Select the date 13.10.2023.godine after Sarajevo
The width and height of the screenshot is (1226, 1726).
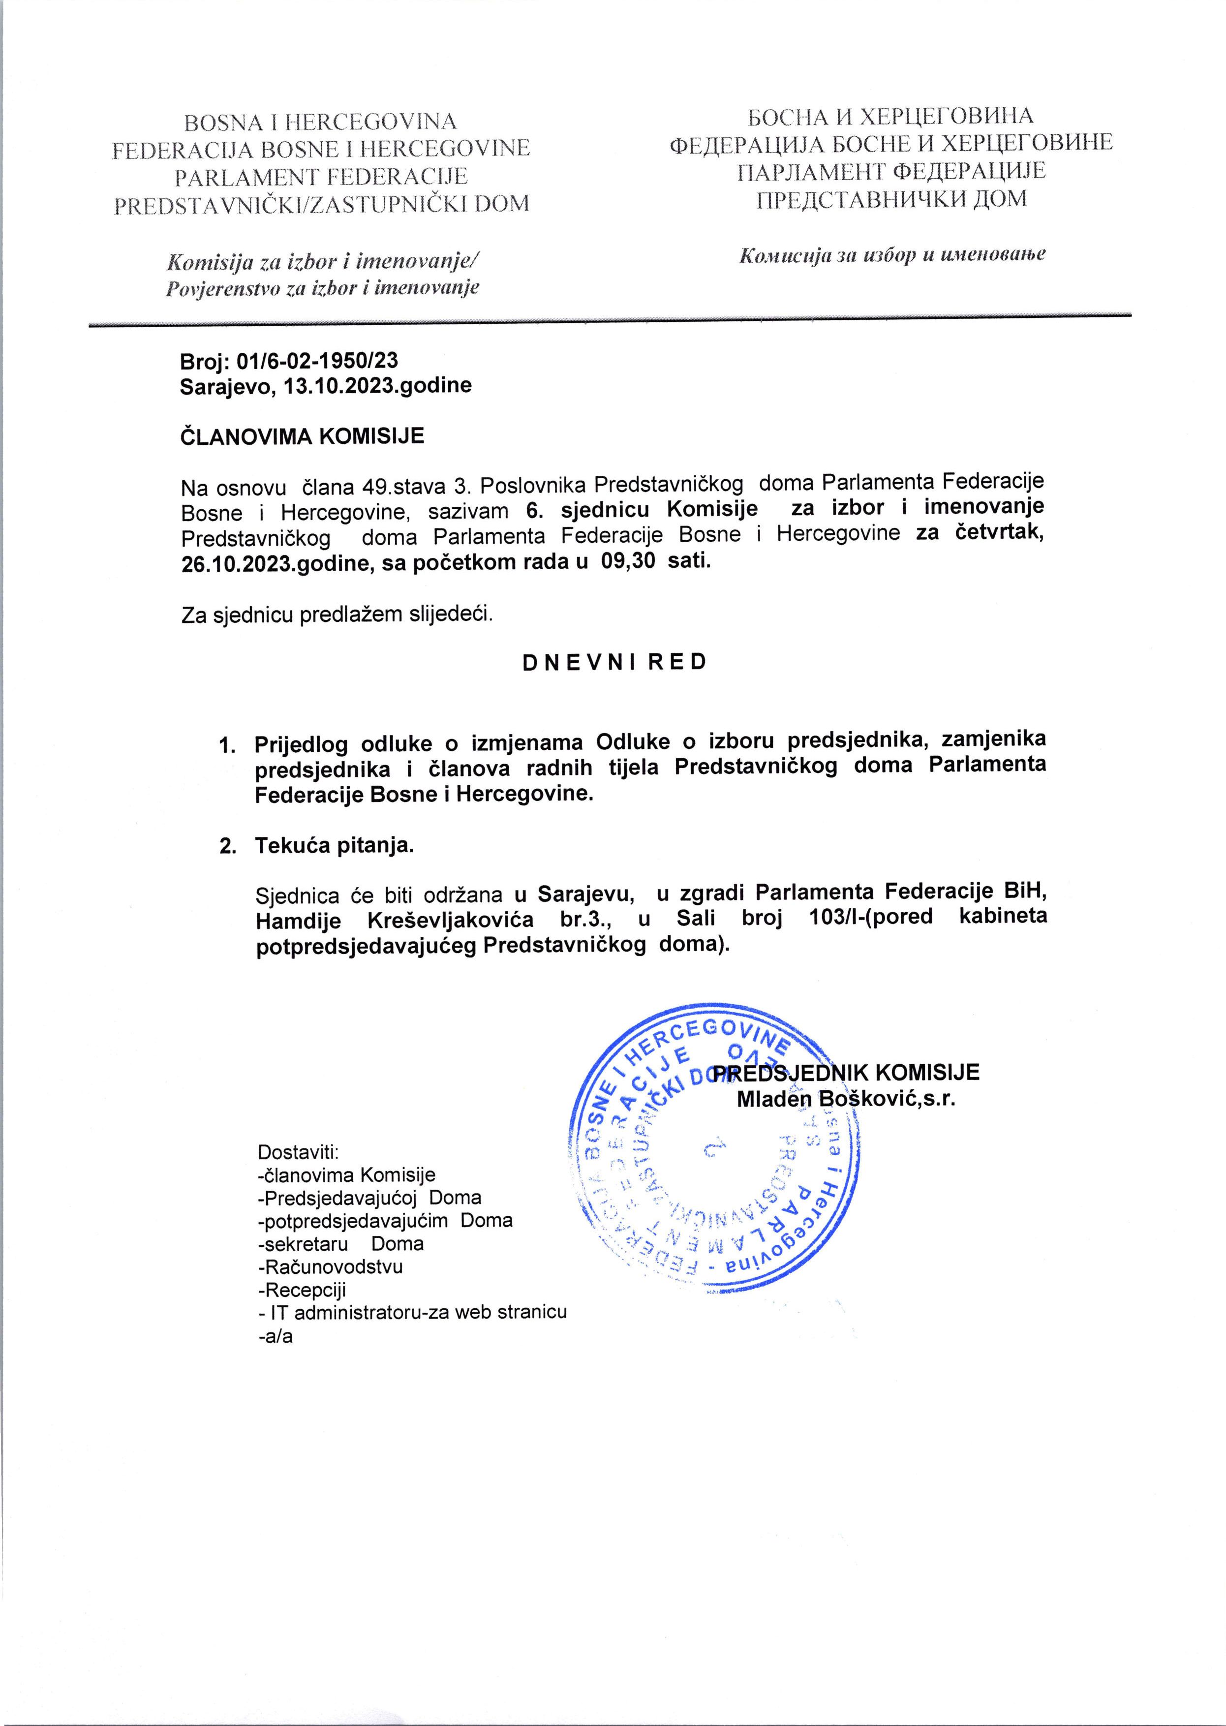[377, 386]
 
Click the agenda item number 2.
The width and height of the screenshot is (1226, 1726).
[226, 846]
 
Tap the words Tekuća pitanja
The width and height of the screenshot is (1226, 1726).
[335, 846]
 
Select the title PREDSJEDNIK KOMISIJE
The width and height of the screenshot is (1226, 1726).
[846, 1072]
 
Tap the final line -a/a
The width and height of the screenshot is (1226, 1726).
[275, 1336]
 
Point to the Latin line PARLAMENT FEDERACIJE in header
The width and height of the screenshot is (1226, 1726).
[321, 176]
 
